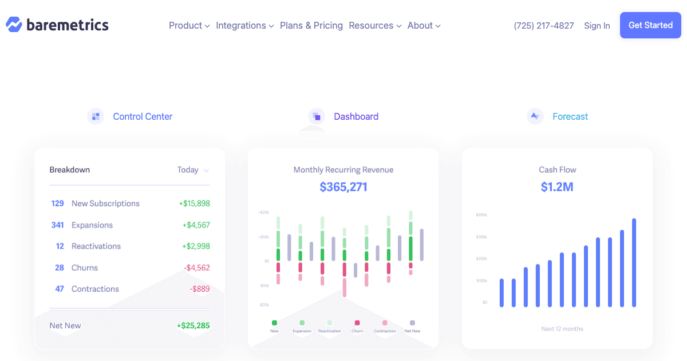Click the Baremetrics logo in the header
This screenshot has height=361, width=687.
(x=57, y=25)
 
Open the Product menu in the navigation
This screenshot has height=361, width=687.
(x=189, y=26)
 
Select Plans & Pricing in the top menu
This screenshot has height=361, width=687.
(x=311, y=26)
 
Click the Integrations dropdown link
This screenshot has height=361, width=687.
(x=244, y=26)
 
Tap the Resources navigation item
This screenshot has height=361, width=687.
(x=374, y=26)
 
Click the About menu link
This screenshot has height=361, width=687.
(x=424, y=26)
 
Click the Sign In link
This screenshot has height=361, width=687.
(x=597, y=26)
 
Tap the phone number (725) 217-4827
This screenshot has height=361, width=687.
(x=543, y=26)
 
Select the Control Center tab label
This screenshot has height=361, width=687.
(x=143, y=116)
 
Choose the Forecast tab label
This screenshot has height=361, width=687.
(x=570, y=116)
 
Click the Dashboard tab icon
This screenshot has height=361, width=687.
(x=317, y=116)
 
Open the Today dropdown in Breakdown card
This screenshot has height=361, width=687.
(x=193, y=170)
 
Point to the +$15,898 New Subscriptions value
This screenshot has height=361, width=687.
(x=194, y=203)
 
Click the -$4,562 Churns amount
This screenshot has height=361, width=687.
(x=196, y=268)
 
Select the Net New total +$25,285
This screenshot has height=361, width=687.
(x=193, y=325)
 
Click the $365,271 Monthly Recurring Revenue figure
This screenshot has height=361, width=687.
(x=343, y=187)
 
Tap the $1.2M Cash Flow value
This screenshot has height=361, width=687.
(x=556, y=187)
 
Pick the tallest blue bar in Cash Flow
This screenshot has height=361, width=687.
(x=634, y=262)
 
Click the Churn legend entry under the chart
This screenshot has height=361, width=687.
(x=357, y=326)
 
